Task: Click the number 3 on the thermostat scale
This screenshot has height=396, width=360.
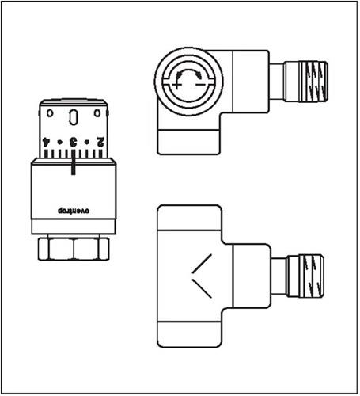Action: click(73, 142)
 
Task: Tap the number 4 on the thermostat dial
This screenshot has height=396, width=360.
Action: click(46, 142)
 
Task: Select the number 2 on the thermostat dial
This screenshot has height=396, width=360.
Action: click(100, 142)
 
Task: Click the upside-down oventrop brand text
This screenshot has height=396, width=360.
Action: click(74, 211)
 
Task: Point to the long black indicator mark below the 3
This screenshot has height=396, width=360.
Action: click(74, 162)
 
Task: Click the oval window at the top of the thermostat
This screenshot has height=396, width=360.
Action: click(73, 117)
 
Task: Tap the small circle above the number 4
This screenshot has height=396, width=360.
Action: click(50, 113)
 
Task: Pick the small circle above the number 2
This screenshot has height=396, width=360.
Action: click(97, 113)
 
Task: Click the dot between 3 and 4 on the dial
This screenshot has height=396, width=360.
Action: click(60, 143)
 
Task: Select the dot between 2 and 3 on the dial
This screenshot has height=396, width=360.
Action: click(87, 143)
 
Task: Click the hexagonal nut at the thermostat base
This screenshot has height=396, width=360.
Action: click(74, 249)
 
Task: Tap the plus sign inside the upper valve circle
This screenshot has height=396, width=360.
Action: click(176, 85)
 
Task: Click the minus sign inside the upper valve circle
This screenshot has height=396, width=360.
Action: click(200, 85)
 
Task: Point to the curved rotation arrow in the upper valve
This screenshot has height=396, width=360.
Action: click(189, 70)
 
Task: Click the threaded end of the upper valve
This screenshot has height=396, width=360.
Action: click(313, 82)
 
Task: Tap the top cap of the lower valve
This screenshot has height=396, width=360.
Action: click(189, 218)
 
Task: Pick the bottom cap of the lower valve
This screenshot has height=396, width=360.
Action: click(189, 335)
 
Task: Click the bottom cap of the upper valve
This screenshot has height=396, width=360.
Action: click(188, 143)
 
